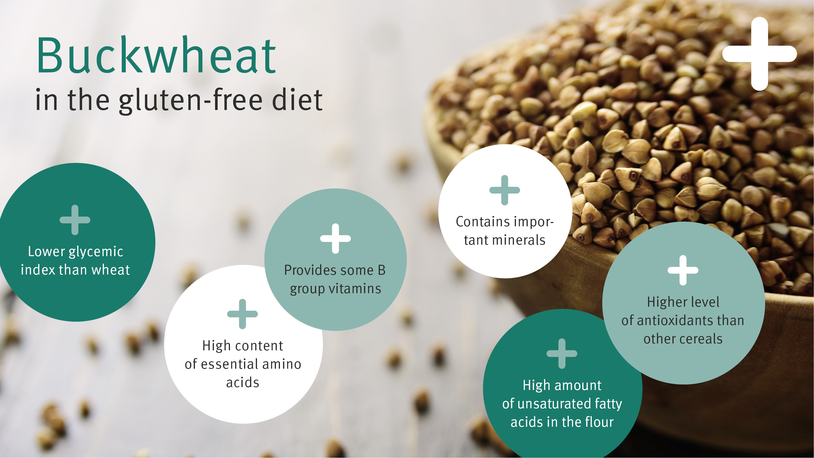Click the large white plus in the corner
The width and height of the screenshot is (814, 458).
[x=759, y=54]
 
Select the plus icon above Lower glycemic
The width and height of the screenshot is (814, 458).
[x=75, y=220]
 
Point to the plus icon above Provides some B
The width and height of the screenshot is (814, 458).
[x=336, y=239]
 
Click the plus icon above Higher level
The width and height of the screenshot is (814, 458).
[x=683, y=270]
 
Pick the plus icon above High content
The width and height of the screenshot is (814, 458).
[x=242, y=314]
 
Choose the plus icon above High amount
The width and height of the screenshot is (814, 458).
[x=562, y=353]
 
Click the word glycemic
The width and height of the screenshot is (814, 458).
[x=96, y=252]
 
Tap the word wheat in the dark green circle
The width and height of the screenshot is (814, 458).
[x=111, y=270]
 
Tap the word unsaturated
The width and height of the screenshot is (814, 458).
[x=554, y=404]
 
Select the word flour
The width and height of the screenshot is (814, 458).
[x=600, y=422]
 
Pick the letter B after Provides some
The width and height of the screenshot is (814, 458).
[x=382, y=270]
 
